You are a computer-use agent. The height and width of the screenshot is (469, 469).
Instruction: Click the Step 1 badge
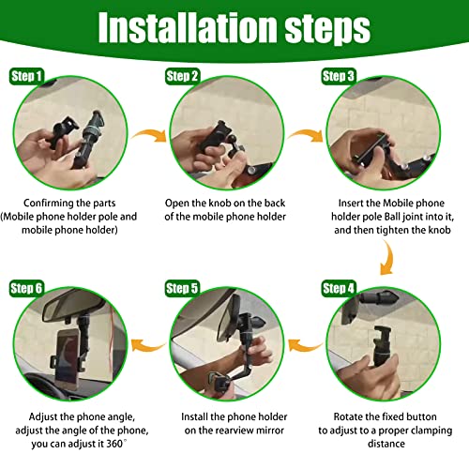tap(26, 76)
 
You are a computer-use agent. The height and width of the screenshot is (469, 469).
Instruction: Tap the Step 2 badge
tap(182, 76)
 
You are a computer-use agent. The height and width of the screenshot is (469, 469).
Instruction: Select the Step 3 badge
tap(339, 76)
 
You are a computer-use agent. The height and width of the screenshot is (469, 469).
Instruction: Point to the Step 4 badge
tap(339, 288)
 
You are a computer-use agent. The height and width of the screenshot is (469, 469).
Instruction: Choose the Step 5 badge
tap(182, 288)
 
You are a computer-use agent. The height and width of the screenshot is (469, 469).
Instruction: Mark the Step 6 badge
tap(26, 288)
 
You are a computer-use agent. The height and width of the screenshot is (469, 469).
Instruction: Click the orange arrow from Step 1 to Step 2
tap(150, 134)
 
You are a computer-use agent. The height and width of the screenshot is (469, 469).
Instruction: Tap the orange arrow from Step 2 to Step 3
tap(306, 134)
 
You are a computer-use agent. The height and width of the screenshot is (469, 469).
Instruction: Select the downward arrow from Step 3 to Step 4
tap(388, 258)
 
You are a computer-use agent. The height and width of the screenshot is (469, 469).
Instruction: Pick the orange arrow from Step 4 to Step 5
tap(305, 346)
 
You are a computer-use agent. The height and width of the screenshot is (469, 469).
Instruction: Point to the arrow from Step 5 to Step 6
tap(148, 346)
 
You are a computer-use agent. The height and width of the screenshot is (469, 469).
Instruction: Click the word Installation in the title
tap(188, 27)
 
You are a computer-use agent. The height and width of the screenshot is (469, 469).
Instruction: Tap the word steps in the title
tap(327, 30)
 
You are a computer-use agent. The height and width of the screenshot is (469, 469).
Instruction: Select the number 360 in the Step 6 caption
tap(114, 444)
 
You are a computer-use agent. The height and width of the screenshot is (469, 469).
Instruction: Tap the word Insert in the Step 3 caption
tap(351, 204)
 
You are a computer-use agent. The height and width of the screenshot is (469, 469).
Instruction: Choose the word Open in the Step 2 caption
tap(177, 204)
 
